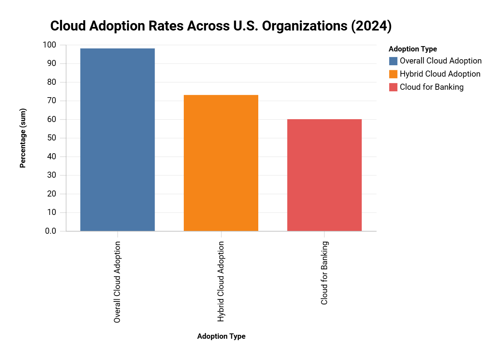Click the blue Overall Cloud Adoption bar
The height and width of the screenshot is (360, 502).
pos(117,140)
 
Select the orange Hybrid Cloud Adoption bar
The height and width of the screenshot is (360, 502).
pos(221,163)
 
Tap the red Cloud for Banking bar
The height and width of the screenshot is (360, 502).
pos(324,175)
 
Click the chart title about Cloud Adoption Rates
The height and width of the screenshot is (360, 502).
pos(221,26)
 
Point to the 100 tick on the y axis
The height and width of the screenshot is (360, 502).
pos(49,45)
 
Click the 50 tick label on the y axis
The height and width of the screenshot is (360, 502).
pos(51,138)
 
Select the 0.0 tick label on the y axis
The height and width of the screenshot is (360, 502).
pos(50,231)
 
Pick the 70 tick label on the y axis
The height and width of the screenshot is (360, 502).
pos(51,101)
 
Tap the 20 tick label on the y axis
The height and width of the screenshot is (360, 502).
pos(51,194)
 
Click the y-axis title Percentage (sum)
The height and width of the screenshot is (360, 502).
pos(23,138)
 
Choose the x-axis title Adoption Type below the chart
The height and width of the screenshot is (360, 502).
pos(221,336)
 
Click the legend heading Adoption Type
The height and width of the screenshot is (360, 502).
pos(413,49)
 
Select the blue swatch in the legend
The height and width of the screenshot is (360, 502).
pos(393,61)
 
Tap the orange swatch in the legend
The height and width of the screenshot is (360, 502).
pos(393,74)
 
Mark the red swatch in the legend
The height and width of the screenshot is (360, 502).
pos(393,87)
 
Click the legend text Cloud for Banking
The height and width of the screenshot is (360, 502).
pos(431,87)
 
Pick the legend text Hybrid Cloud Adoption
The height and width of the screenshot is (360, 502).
pos(440,74)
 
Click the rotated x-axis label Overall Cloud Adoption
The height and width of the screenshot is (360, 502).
pos(117,282)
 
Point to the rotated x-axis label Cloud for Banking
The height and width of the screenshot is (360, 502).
pos(324,273)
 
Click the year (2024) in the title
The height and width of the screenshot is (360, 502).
pos(371,26)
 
